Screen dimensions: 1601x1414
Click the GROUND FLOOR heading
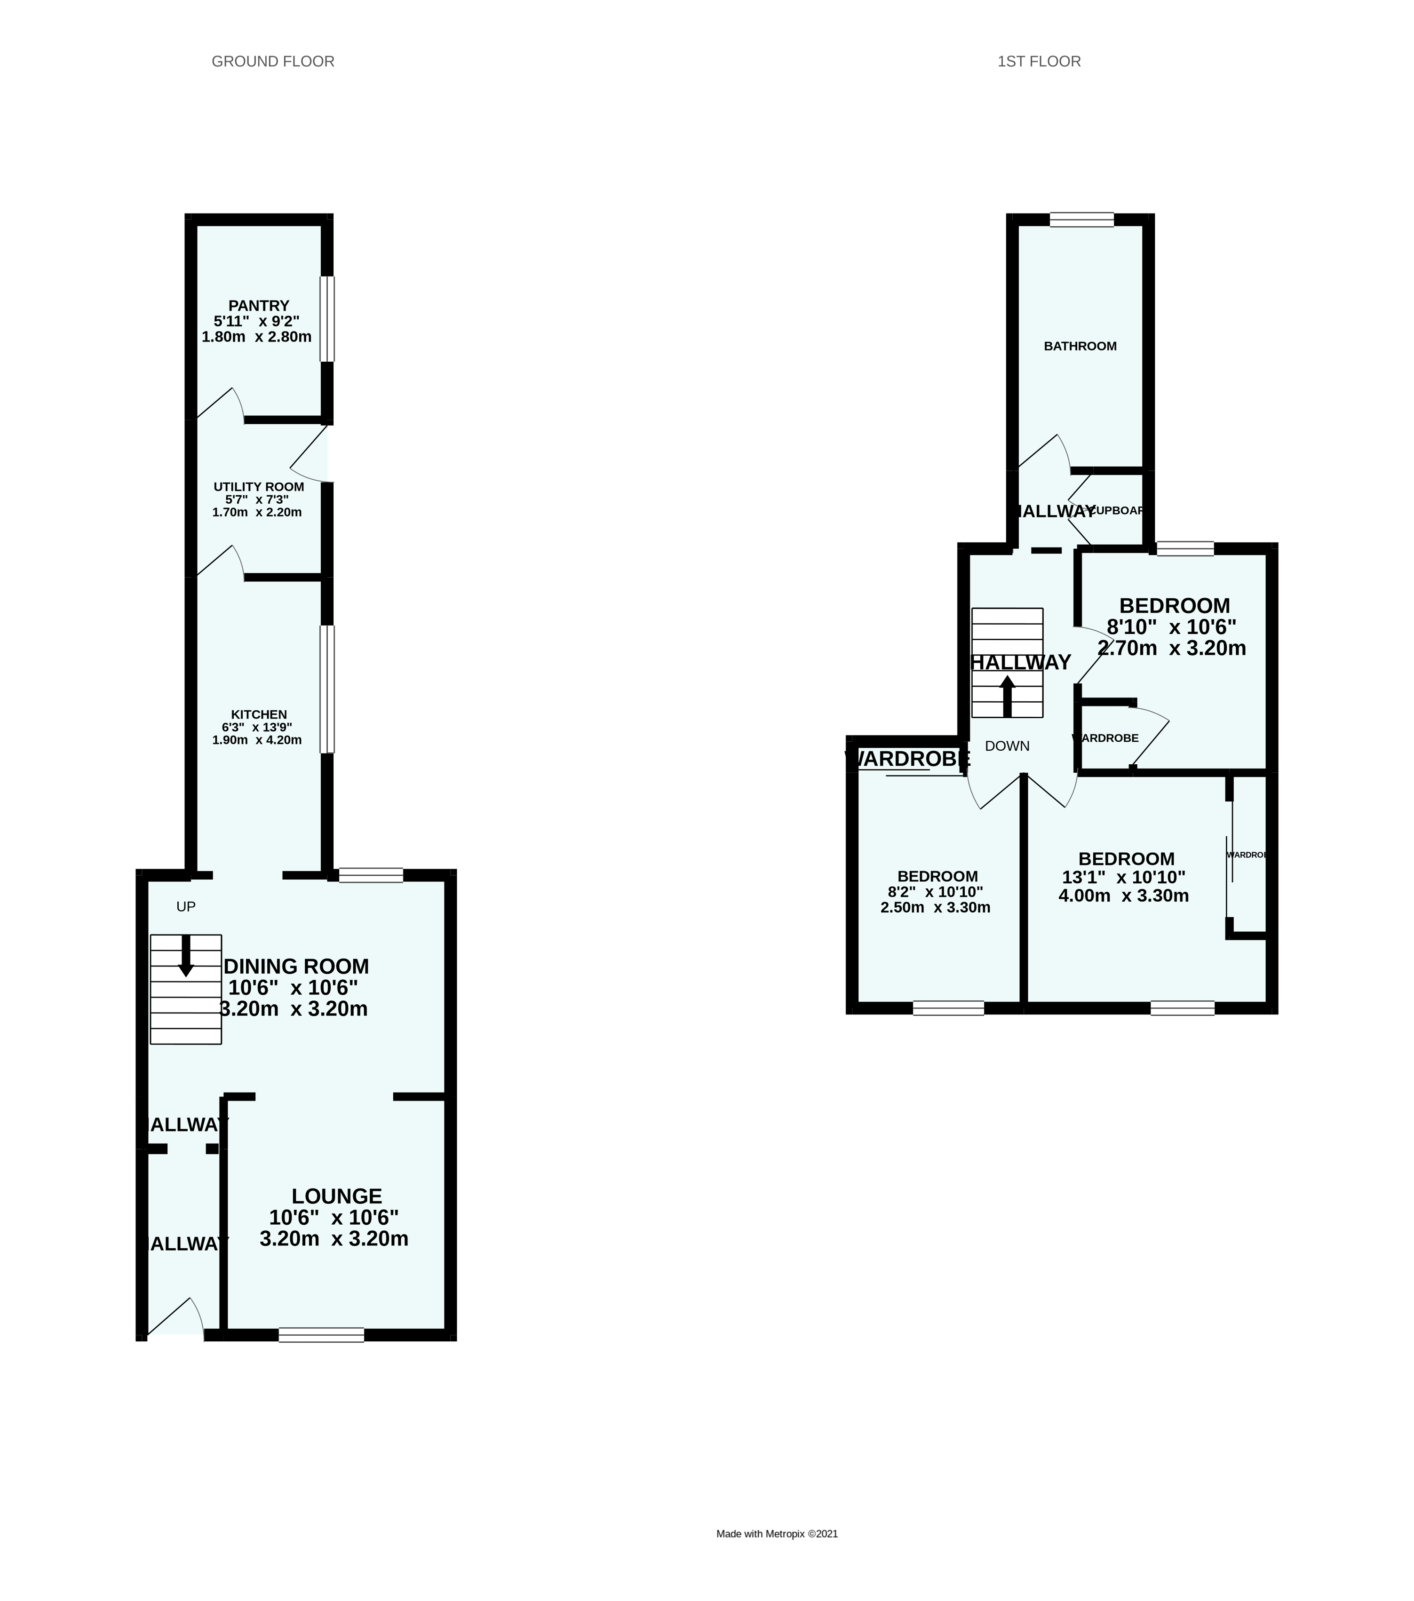(273, 61)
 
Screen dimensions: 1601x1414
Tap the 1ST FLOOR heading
(1039, 61)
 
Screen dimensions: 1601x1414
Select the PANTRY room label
(259, 305)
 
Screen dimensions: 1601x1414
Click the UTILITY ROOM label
(259, 486)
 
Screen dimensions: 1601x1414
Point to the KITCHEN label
(259, 714)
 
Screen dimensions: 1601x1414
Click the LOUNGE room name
(337, 1196)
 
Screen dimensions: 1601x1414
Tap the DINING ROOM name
(296, 967)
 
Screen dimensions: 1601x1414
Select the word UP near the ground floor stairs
(186, 907)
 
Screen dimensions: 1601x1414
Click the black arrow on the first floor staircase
(1008, 696)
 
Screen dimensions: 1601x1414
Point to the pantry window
(327, 319)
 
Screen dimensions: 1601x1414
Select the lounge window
(321, 1335)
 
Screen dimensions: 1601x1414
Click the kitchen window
(327, 690)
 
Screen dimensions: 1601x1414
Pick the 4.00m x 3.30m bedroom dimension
(1123, 896)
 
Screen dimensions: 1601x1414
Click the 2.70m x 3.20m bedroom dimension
(1171, 649)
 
